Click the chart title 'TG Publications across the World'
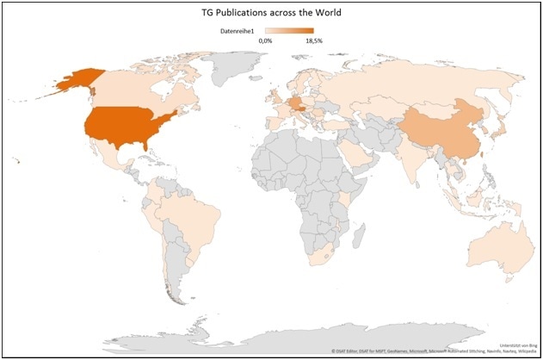coord(271,13)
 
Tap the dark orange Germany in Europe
coord(295,103)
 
